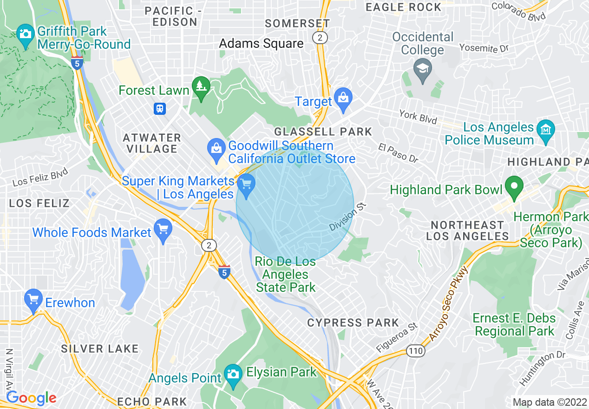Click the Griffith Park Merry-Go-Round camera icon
tap(25, 34)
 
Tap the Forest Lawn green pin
tap(201, 87)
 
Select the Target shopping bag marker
tap(343, 99)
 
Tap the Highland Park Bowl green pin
tap(514, 186)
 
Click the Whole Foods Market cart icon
tap(163, 230)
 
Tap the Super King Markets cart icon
tap(246, 185)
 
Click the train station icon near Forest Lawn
tap(160, 109)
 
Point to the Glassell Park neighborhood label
tap(323, 132)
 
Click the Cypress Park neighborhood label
tap(353, 323)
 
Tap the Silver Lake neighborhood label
tap(100, 349)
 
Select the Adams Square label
tap(261, 44)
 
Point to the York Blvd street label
tap(418, 117)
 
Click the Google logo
tap(31, 398)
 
